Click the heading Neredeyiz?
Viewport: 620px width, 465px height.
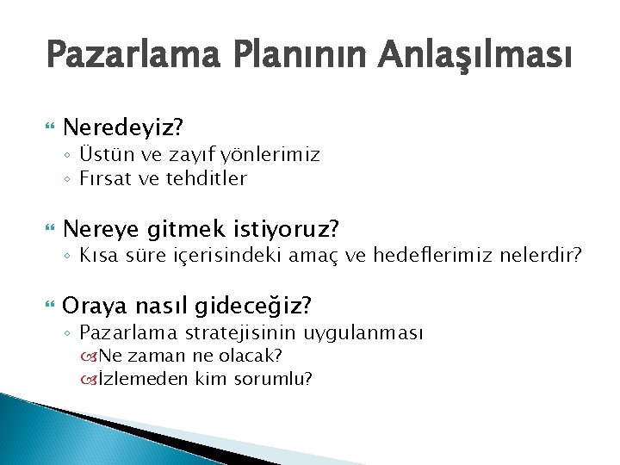point(124,129)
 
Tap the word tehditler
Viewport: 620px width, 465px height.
point(208,179)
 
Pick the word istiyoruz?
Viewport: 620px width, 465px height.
point(290,229)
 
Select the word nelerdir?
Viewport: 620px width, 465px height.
point(540,255)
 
